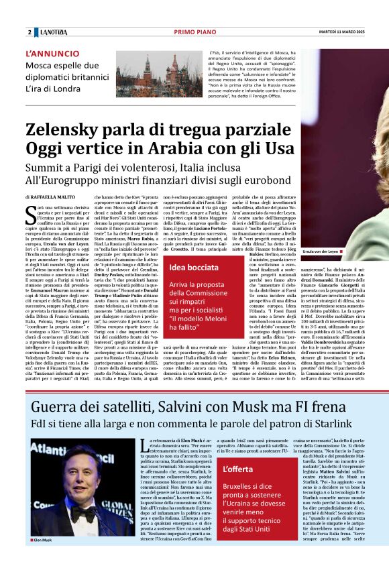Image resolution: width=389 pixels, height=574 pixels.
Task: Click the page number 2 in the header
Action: coord(30,32)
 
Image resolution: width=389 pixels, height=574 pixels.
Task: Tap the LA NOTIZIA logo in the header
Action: coord(54,32)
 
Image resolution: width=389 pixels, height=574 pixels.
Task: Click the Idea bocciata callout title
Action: coord(189,267)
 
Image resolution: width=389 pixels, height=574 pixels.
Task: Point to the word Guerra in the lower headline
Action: coord(57,407)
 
